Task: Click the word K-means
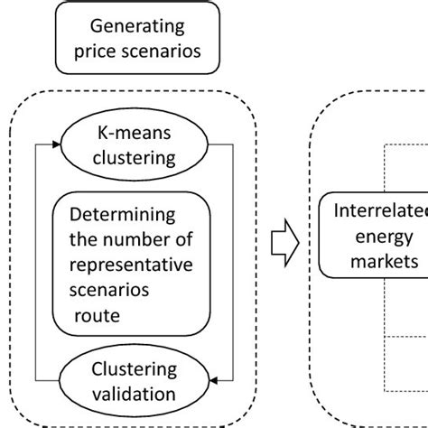(x=135, y=135)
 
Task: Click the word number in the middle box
(x=148, y=242)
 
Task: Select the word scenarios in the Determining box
(x=105, y=292)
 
